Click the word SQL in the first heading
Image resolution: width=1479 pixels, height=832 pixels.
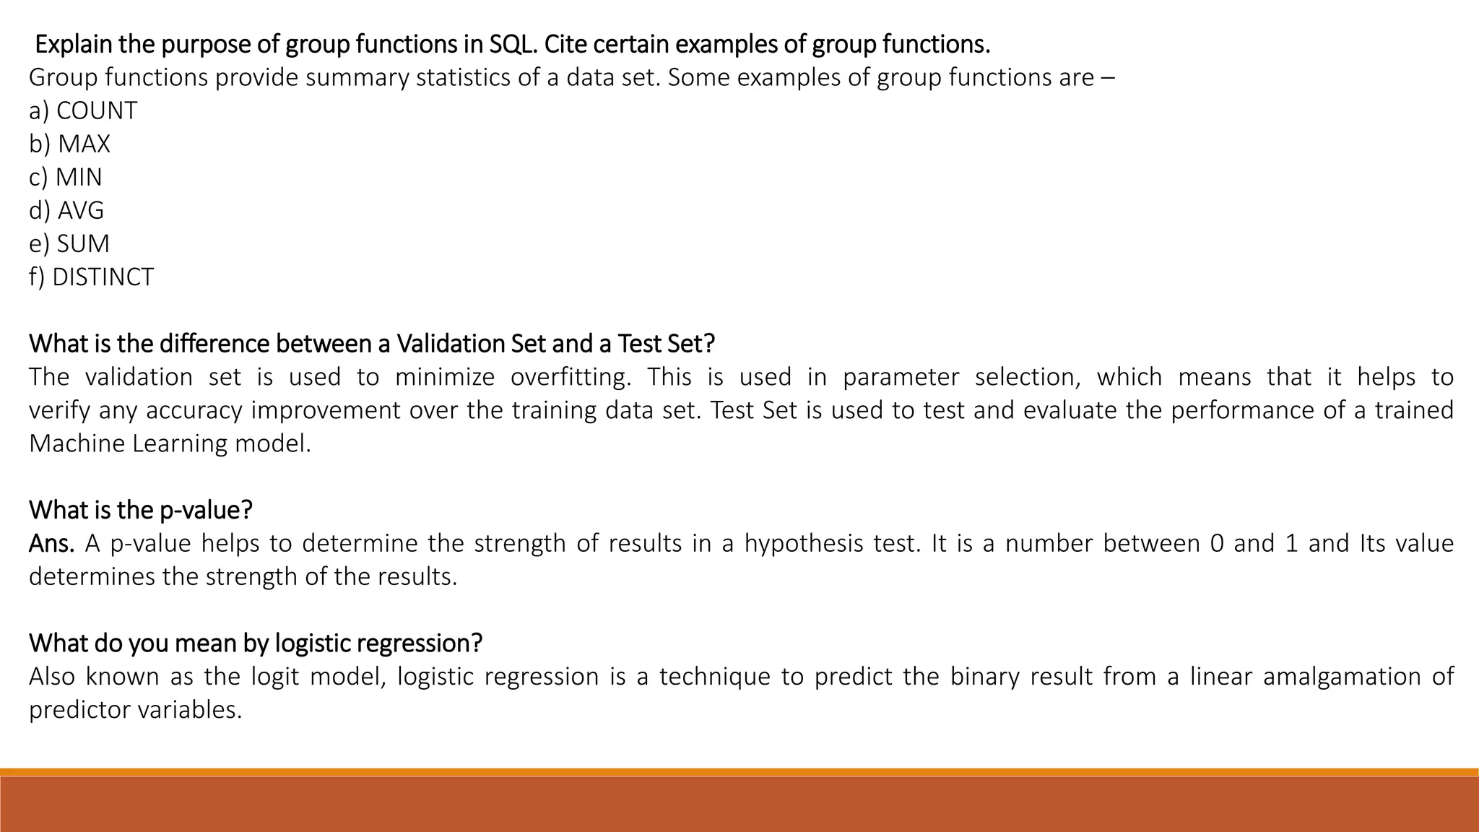(513, 44)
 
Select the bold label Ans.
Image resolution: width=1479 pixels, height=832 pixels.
(51, 543)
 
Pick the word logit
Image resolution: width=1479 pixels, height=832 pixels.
(273, 677)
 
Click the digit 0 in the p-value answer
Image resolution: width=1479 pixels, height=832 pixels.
(1217, 543)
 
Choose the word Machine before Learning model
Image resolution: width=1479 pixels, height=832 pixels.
(77, 443)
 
